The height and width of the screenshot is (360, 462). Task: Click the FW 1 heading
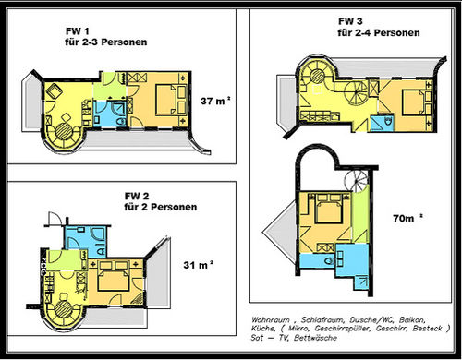(78, 31)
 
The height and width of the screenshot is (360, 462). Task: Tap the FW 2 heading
(137, 196)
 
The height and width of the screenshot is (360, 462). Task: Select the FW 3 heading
(350, 21)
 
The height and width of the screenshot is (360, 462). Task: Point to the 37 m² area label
(215, 101)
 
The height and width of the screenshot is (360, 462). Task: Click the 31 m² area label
(198, 265)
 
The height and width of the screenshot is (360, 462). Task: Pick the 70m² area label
(407, 218)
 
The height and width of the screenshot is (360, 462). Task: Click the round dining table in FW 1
(64, 130)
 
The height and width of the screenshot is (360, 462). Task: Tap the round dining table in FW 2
(63, 309)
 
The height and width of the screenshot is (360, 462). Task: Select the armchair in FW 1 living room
(55, 90)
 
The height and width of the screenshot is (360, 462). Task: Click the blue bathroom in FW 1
(109, 114)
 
